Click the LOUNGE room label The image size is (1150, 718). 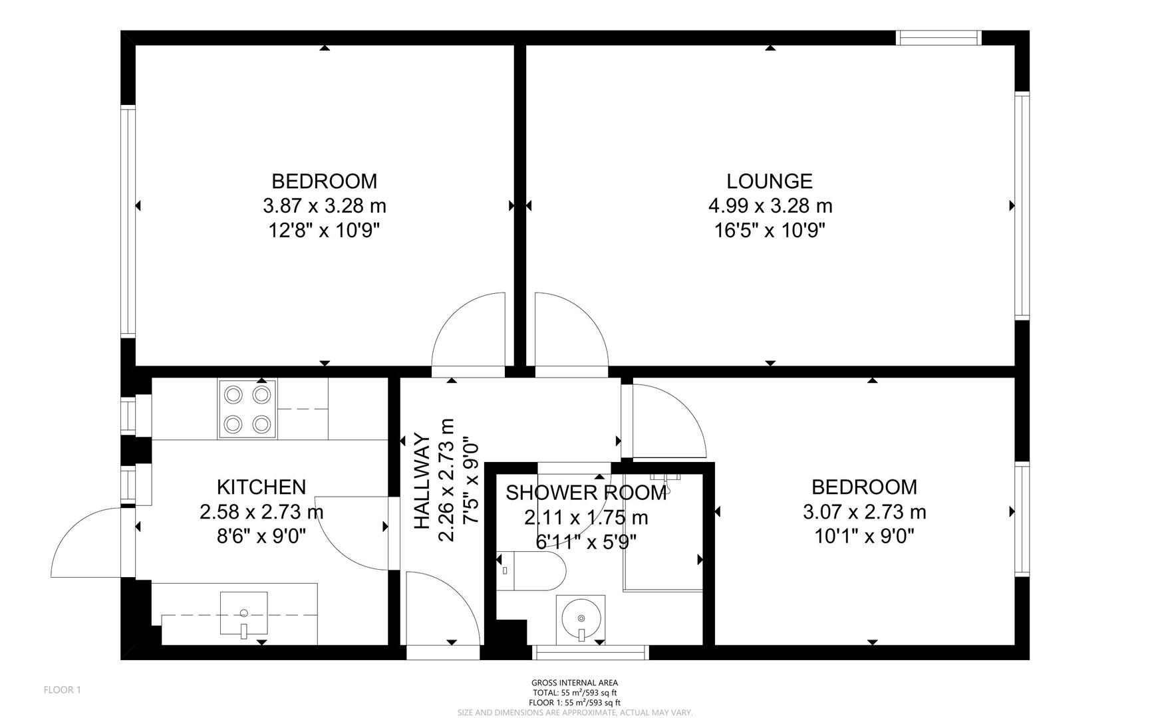(x=770, y=181)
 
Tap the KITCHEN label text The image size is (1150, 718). (x=261, y=487)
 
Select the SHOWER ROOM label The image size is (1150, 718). (x=585, y=493)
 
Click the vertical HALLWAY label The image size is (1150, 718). (x=422, y=481)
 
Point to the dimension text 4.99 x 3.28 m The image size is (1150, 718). (x=770, y=206)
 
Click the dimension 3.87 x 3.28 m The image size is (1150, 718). (x=325, y=206)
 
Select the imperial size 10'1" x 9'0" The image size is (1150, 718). (x=864, y=536)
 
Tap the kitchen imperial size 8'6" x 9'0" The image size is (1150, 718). (x=261, y=536)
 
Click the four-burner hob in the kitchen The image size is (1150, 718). (x=247, y=409)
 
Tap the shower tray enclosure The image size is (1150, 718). (x=662, y=532)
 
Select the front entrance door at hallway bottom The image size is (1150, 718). (x=442, y=608)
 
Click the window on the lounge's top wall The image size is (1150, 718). (x=938, y=38)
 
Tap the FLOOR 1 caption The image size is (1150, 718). (x=62, y=690)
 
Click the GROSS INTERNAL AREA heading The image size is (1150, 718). (x=574, y=683)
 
